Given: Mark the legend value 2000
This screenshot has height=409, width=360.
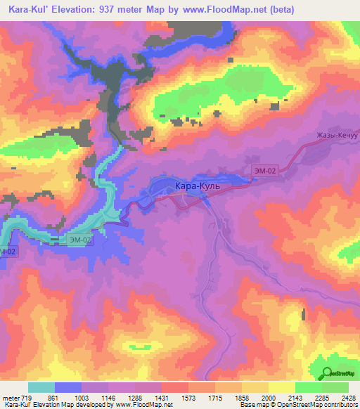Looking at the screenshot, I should click(x=268, y=398).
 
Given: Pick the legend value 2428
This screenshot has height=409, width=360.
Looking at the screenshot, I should click(x=348, y=398).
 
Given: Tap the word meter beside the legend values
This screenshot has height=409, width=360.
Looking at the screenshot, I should click(x=11, y=398).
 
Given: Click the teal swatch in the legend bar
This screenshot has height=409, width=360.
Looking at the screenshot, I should click(x=41, y=387).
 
